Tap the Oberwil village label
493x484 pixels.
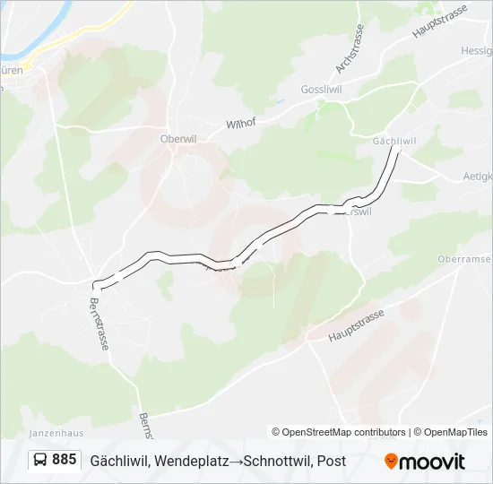click(x=177, y=139)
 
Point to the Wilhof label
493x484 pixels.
click(x=241, y=124)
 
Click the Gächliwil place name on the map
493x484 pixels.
click(x=394, y=142)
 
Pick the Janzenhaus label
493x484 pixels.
click(x=56, y=432)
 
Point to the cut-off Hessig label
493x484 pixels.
click(x=476, y=52)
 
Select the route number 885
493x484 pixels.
click(x=64, y=460)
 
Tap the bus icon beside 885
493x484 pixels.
click(x=40, y=461)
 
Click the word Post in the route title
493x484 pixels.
click(x=331, y=462)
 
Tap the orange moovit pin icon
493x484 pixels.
click(x=391, y=462)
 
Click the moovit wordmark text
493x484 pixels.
click(x=433, y=462)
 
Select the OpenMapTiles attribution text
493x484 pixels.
click(x=454, y=432)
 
